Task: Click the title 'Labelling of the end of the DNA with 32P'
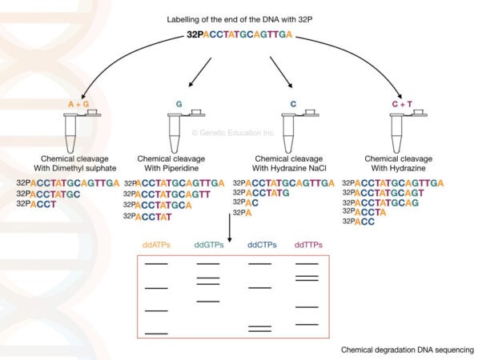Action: [240, 18]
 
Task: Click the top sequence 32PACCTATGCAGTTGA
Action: [239, 34]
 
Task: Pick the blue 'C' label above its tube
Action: [294, 104]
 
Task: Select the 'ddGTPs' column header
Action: [208, 244]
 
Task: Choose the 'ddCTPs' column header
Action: [259, 244]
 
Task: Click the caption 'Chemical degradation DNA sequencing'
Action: [407, 350]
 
